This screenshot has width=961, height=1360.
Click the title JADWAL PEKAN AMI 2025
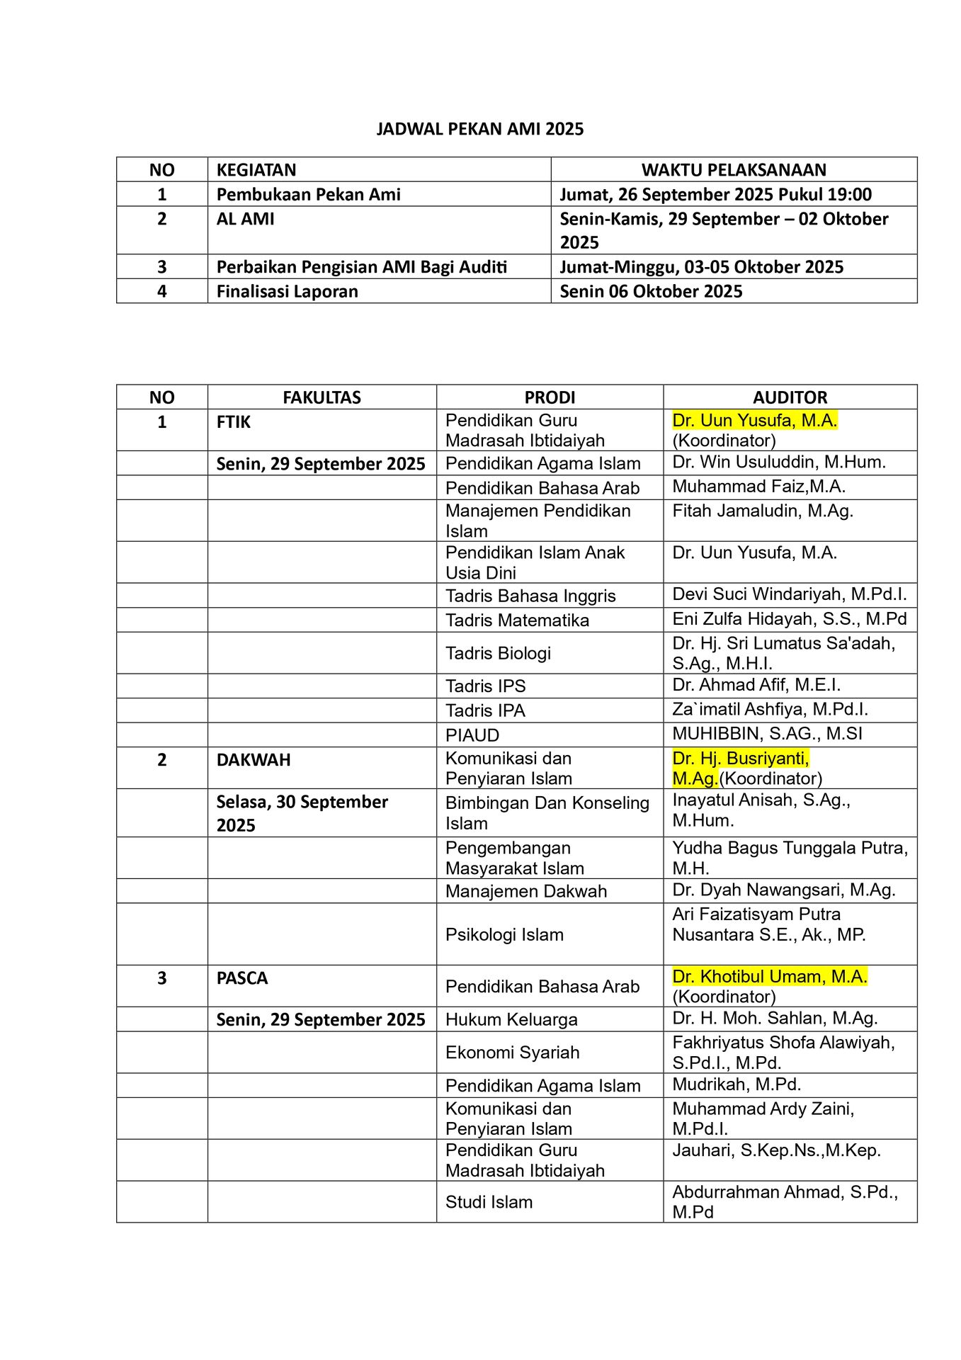[x=479, y=129]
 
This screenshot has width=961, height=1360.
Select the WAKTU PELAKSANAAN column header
[x=733, y=170]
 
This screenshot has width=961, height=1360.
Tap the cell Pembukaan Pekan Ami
[x=308, y=194]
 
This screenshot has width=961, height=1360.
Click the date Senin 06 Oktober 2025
[x=650, y=291]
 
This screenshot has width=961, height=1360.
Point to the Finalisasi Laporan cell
[x=287, y=291]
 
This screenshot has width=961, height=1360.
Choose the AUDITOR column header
[x=790, y=397]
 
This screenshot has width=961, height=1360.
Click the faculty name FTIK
[x=233, y=422]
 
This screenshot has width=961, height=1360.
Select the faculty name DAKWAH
[x=253, y=760]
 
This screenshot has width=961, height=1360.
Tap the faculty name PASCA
[x=241, y=978]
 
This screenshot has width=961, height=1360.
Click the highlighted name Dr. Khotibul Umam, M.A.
[x=769, y=977]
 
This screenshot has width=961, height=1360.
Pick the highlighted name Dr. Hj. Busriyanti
[x=740, y=759]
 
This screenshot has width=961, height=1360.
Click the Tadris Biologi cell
[x=498, y=653]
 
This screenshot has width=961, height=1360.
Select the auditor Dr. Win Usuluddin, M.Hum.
[x=779, y=463]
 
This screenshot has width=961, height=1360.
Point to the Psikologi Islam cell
[x=504, y=934]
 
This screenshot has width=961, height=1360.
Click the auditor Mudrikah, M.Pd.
[x=737, y=1084]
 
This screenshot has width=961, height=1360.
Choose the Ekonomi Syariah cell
[x=512, y=1053]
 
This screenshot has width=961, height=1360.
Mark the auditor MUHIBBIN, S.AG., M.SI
[x=767, y=734]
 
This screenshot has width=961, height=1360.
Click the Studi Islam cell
[x=489, y=1202]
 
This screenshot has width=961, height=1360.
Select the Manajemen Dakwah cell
[x=525, y=891]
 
